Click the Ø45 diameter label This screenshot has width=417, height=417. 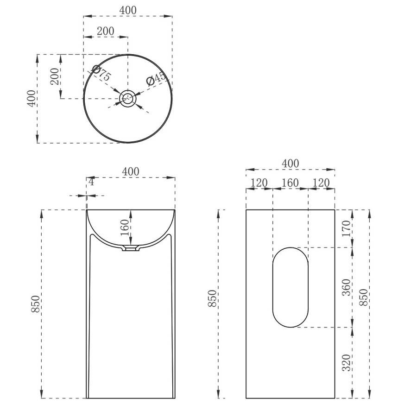pyautogui.click(x=156, y=79)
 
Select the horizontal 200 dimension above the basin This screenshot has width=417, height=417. pyautogui.click(x=105, y=31)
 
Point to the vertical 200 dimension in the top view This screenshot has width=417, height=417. pyautogui.click(x=54, y=76)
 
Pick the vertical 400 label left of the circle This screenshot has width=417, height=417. pyautogui.click(x=31, y=98)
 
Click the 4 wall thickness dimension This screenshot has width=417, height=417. pyautogui.click(x=91, y=182)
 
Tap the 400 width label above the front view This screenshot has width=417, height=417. pyautogui.click(x=131, y=171)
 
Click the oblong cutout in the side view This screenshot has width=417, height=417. pyautogui.click(x=290, y=287)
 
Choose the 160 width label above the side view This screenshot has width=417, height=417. pyautogui.click(x=290, y=183)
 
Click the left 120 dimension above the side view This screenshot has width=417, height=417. pyautogui.click(x=259, y=183)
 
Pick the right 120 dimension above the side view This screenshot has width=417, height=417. pyautogui.click(x=321, y=183)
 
